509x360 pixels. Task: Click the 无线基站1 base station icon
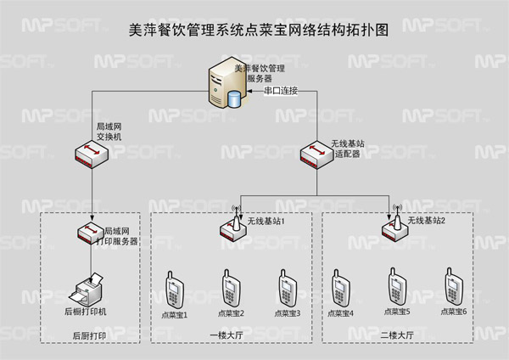point(232,225)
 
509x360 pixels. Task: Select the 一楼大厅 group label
point(227,336)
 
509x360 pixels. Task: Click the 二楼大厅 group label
point(396,336)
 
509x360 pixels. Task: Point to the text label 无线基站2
point(426,221)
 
